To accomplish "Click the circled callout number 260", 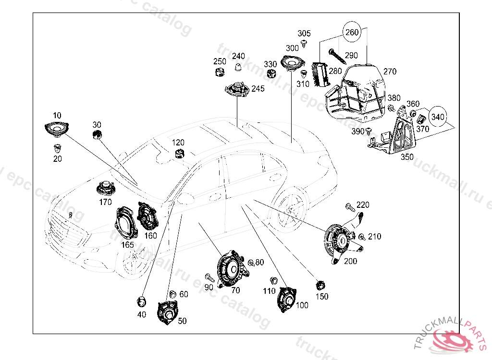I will pyautogui.click(x=352, y=33).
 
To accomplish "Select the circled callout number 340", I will pyautogui.click(x=437, y=116).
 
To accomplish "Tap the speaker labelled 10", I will pyautogui.click(x=56, y=129).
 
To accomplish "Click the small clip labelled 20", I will pyautogui.click(x=58, y=147).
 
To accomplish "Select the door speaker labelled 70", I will pyautogui.click(x=231, y=270).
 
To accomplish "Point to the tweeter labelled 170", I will pyautogui.click(x=105, y=188).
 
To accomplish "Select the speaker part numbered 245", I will pyautogui.click(x=237, y=90).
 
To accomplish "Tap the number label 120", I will pyautogui.click(x=178, y=143).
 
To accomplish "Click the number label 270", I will pyautogui.click(x=390, y=72).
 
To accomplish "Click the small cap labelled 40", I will pyautogui.click(x=141, y=301).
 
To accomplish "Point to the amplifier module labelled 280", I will pyautogui.click(x=320, y=75).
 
